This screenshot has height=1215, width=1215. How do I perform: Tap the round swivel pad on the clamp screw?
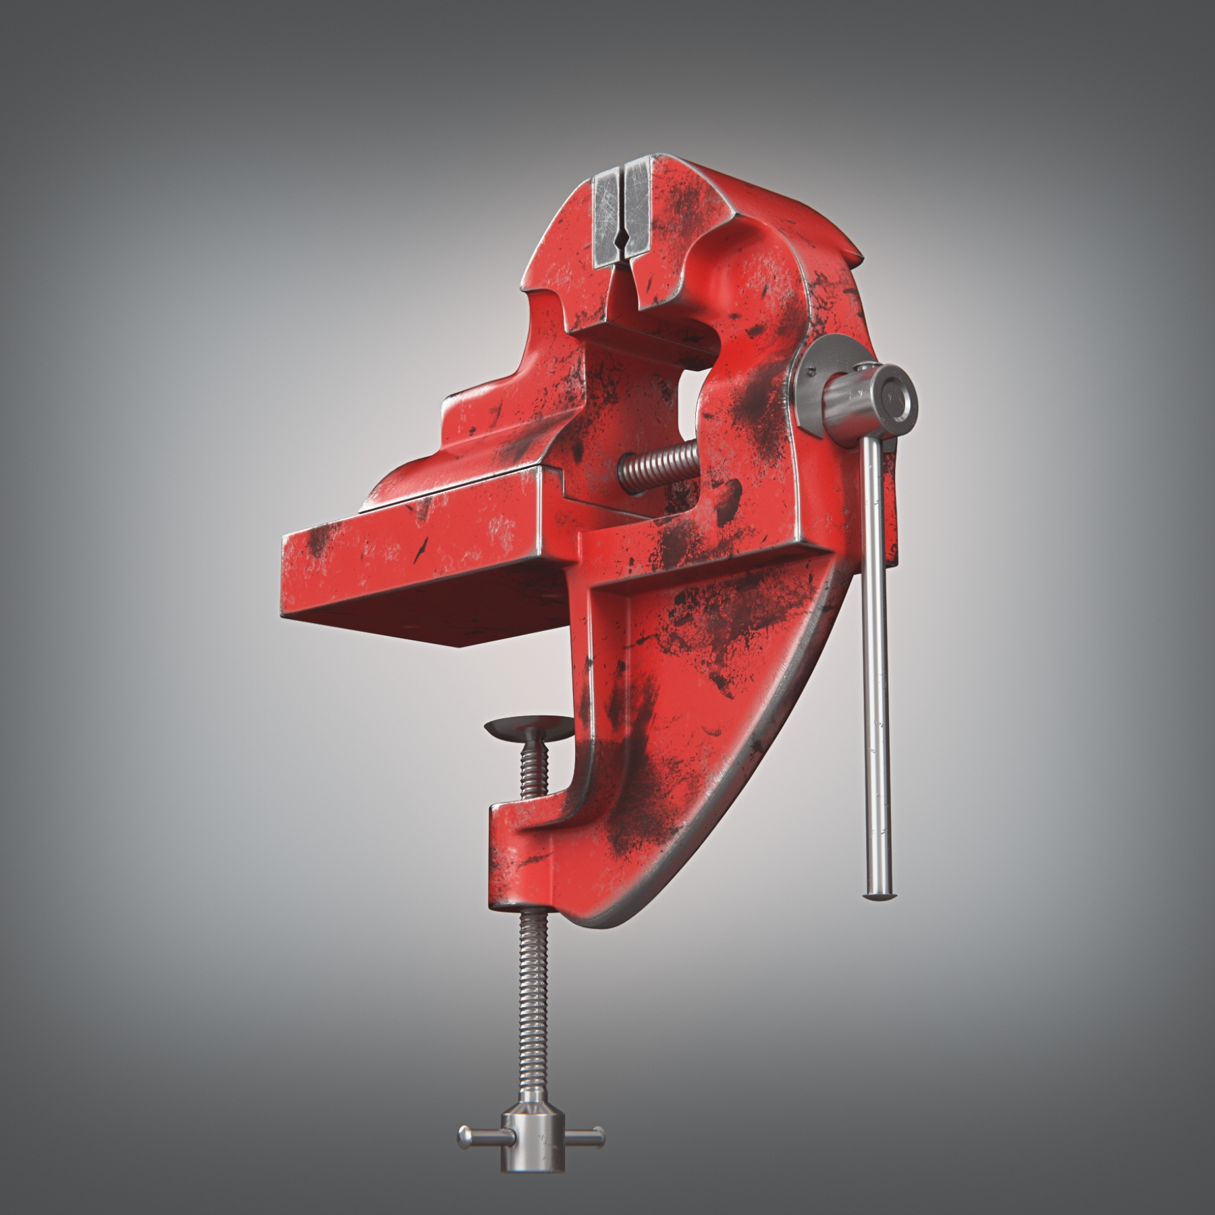click(528, 727)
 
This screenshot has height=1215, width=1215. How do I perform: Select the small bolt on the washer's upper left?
click(809, 368)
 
